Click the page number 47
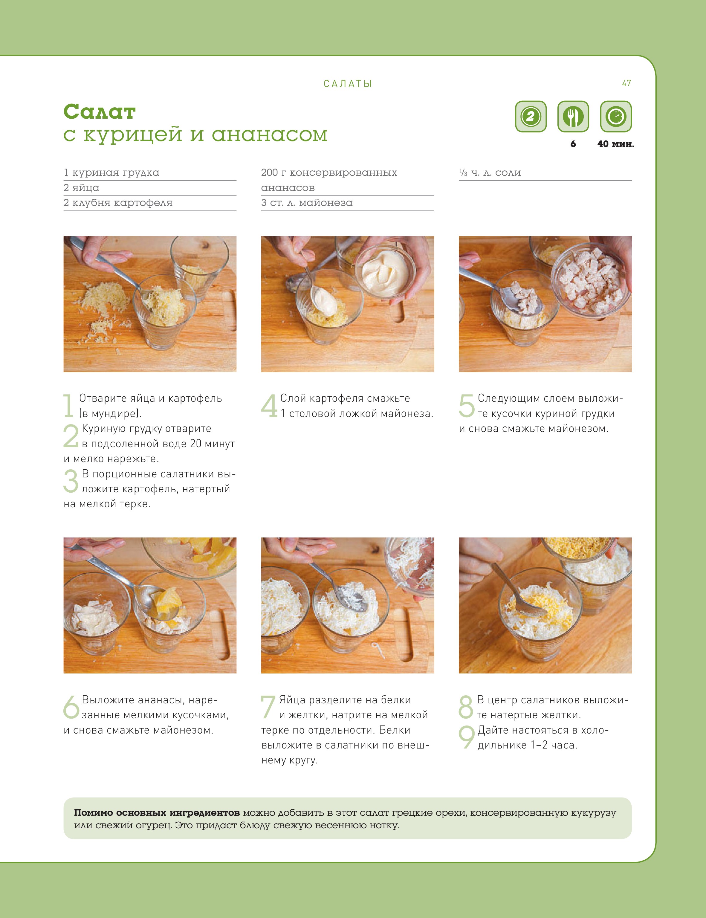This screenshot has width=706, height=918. point(626,83)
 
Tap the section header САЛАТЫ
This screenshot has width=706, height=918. point(348,84)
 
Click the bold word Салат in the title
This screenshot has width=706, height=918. point(100,112)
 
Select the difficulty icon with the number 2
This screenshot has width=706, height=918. point(531,116)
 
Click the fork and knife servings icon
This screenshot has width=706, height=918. point(573,116)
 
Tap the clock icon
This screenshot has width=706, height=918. point(616,116)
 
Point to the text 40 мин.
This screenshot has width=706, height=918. point(616,144)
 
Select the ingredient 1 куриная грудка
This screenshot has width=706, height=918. point(111,172)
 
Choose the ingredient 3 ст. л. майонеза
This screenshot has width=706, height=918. point(307,203)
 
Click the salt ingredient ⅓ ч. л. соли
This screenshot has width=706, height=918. point(490,172)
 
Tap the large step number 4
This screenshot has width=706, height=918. point(269,406)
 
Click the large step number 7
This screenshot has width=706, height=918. point(268,707)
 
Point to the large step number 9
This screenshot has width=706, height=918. point(467,738)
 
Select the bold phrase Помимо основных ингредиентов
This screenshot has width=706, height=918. point(157,812)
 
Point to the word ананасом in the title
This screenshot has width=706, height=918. point(269,135)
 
